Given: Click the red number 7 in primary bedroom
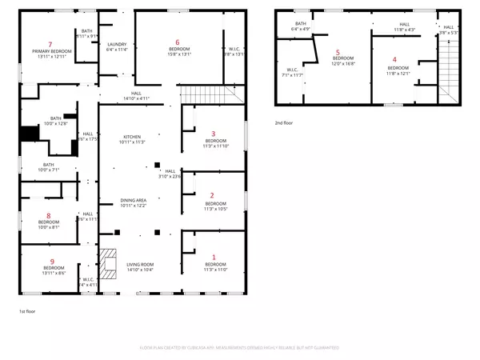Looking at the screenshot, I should pyautogui.click(x=50, y=44).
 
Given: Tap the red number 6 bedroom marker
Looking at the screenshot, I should pyautogui.click(x=178, y=42).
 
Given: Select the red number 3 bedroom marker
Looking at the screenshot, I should pyautogui.click(x=213, y=134).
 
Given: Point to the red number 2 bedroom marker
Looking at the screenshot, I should pyautogui.click(x=212, y=195).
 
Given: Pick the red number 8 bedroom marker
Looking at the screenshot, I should pyautogui.click(x=49, y=216).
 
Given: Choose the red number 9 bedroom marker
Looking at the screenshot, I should pyautogui.click(x=52, y=262).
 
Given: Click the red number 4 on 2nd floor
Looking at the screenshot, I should pyautogui.click(x=394, y=59).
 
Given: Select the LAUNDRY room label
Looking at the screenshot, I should pyautogui.click(x=116, y=44).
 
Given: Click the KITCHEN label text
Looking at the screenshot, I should pyautogui.click(x=131, y=137).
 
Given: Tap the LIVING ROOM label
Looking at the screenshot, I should pyautogui.click(x=140, y=264).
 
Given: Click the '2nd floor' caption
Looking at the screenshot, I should pyautogui.click(x=283, y=124).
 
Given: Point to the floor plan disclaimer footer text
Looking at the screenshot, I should pyautogui.click(x=240, y=348).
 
